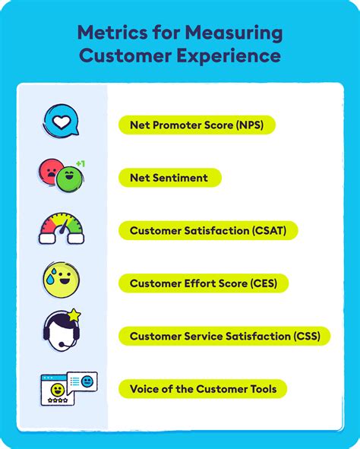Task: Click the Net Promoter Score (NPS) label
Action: click(197, 125)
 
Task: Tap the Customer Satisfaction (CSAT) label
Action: click(208, 230)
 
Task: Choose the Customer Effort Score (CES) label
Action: click(204, 283)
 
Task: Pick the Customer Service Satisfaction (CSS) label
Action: click(224, 336)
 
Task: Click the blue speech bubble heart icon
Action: click(60, 122)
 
